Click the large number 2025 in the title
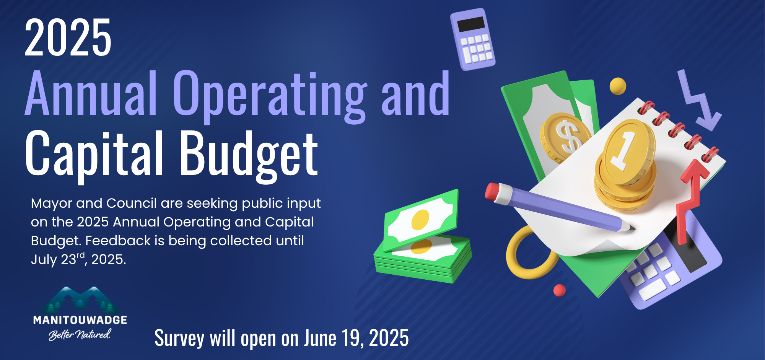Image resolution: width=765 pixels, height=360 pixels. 68,38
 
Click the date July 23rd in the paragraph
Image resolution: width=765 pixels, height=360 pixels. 58,259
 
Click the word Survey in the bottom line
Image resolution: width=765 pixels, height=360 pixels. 179,338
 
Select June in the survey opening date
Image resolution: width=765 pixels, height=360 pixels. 320,338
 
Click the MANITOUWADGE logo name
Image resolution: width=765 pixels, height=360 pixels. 80,320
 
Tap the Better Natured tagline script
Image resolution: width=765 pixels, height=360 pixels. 80,334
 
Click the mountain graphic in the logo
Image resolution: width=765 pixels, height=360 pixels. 80,300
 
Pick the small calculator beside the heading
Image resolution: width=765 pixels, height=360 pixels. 473,39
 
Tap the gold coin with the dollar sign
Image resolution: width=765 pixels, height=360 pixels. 565,137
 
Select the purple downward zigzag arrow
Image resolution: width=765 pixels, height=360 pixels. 697,101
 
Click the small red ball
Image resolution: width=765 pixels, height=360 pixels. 559,290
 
